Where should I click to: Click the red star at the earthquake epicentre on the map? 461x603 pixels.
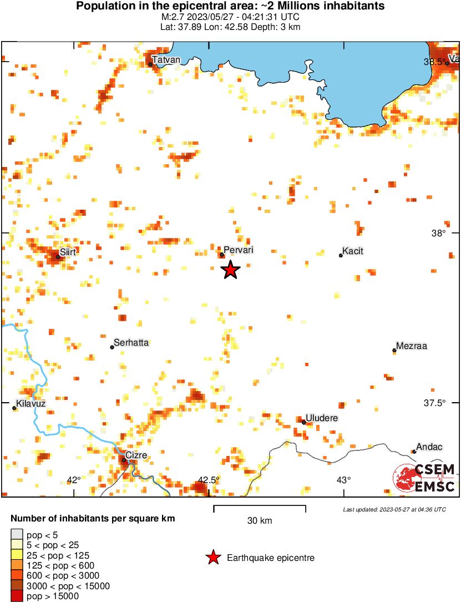pyautogui.click(x=231, y=270)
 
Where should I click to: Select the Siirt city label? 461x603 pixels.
pyautogui.click(x=68, y=252)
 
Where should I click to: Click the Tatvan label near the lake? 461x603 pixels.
pyautogui.click(x=166, y=60)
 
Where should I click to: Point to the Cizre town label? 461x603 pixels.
pyautogui.click(x=136, y=455)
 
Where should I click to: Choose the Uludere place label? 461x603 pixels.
pyautogui.click(x=322, y=418)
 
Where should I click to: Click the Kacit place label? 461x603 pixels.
pyautogui.click(x=353, y=251)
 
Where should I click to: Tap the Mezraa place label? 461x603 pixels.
pyautogui.click(x=411, y=346)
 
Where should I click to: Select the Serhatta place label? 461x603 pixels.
pyautogui.click(x=131, y=343)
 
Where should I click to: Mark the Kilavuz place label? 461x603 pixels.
pyautogui.click(x=31, y=403)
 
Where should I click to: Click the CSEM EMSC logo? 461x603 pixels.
pyautogui.click(x=424, y=478)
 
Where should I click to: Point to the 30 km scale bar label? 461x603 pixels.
pyautogui.click(x=260, y=521)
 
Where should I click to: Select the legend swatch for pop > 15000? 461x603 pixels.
pyautogui.click(x=17, y=596)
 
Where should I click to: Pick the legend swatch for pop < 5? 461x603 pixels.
pyautogui.click(x=17, y=535)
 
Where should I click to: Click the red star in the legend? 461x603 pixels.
pyautogui.click(x=212, y=558)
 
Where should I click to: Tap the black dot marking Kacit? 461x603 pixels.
pyautogui.click(x=341, y=255)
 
